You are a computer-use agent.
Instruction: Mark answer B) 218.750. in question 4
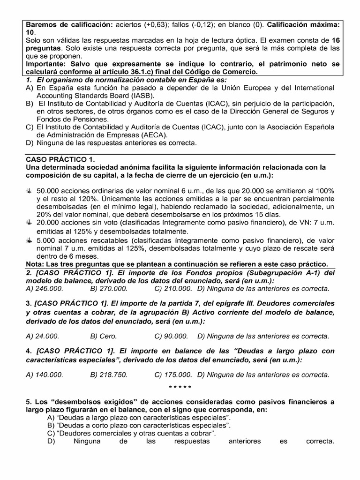[x=108, y=375]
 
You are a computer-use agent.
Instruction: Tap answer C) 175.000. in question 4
[x=172, y=375]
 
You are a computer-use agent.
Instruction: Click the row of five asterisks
[x=180, y=388]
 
